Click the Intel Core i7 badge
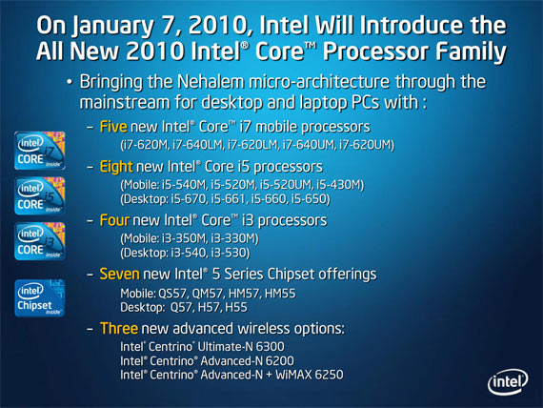(x=39, y=151)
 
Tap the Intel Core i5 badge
(x=39, y=195)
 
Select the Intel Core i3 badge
(x=39, y=241)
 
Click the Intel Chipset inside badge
(x=39, y=298)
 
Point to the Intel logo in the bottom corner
(x=508, y=382)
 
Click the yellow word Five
(x=113, y=127)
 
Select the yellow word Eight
(x=116, y=167)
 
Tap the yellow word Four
(x=114, y=220)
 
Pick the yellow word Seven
(x=119, y=275)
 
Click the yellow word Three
(x=119, y=328)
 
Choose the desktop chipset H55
(x=236, y=308)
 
